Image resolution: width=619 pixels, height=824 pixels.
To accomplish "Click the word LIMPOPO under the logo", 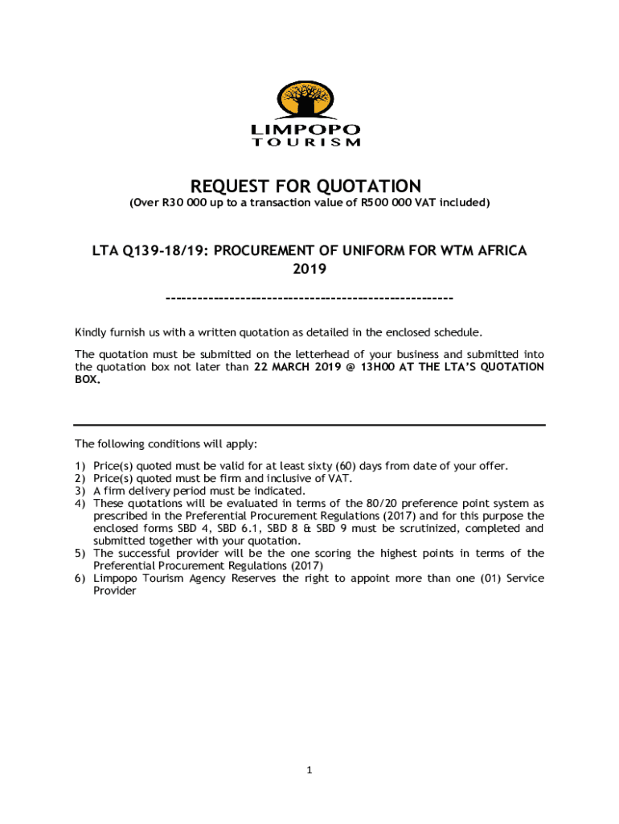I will click(306, 130).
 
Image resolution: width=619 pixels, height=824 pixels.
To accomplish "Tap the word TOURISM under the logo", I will click(306, 142).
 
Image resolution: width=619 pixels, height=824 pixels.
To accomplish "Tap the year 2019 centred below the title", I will click(309, 270).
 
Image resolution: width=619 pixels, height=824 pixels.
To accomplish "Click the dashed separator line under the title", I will click(309, 299).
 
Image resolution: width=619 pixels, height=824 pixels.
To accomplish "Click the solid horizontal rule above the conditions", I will click(309, 425).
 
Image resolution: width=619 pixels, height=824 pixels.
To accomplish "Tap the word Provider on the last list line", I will click(115, 591).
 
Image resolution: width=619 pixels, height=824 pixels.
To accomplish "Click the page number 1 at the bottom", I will click(309, 771).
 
